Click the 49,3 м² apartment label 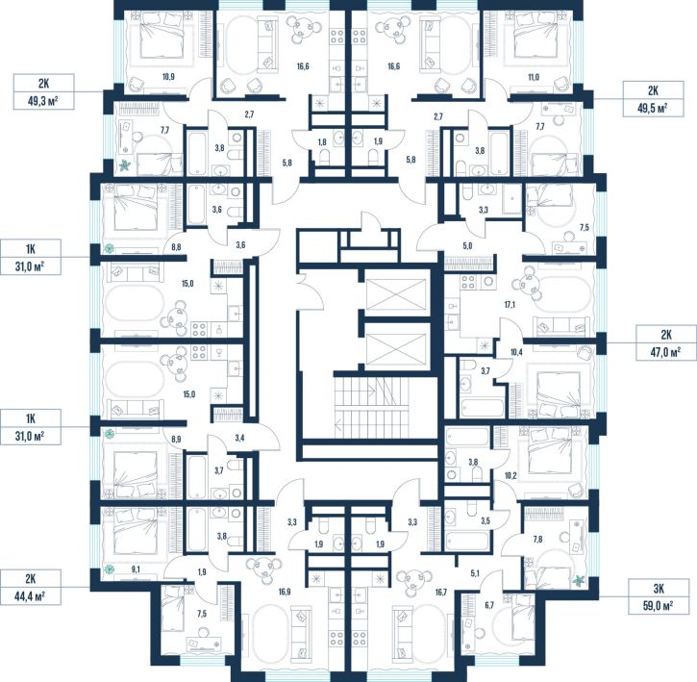point(43,92)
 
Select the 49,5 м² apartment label point(653,99)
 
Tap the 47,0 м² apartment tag point(665,343)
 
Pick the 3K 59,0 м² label point(659,596)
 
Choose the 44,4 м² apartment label point(31,587)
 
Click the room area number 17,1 point(510,305)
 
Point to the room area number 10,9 point(168,77)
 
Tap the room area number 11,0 point(534,77)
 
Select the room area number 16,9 point(285,592)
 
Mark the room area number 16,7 point(441,592)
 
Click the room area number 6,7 point(489,605)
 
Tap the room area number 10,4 point(516,352)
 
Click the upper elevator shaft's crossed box point(395,294)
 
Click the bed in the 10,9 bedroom point(162,35)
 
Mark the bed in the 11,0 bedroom point(535,35)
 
